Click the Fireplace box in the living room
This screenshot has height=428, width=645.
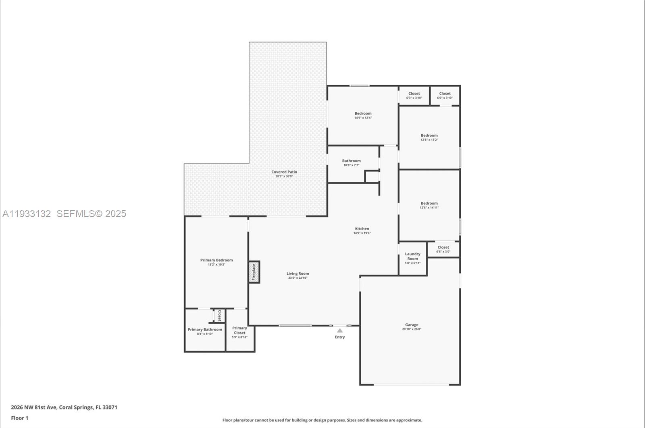[x=254, y=272]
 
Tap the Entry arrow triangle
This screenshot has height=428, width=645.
[x=340, y=330]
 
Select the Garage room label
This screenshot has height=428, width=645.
[x=412, y=325]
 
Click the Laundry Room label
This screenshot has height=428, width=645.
[x=412, y=257]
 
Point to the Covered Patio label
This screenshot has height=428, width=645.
[x=284, y=172]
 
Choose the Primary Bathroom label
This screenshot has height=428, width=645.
[x=205, y=330]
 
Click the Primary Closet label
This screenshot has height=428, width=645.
[x=239, y=330]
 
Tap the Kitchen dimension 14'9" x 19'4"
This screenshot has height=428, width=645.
[x=362, y=233]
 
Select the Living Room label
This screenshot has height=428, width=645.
[x=298, y=274]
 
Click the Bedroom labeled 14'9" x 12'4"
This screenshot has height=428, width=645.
[x=363, y=115]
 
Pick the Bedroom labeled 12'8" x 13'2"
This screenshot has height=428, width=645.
[x=429, y=138]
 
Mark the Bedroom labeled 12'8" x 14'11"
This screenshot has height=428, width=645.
[x=429, y=205]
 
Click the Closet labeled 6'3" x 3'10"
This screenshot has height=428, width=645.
[x=414, y=95]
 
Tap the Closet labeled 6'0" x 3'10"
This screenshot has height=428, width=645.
[x=445, y=95]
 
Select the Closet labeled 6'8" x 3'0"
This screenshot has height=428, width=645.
[x=443, y=249]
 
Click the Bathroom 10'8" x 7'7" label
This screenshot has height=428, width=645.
[x=351, y=163]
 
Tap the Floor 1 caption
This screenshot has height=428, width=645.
[x=19, y=418]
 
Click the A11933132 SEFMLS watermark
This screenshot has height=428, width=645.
[x=64, y=214]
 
